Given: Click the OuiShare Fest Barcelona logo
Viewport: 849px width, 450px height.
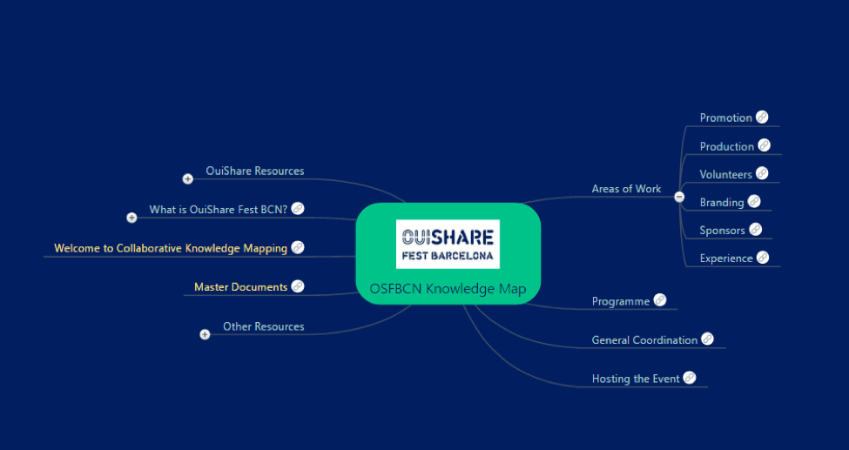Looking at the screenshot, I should pyautogui.click(x=448, y=244).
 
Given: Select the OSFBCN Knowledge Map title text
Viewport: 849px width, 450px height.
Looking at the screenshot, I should pyautogui.click(x=448, y=289).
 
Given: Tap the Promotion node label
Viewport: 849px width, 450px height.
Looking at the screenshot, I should pyautogui.click(x=725, y=118).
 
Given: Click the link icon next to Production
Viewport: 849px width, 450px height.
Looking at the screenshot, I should pyautogui.click(x=764, y=145).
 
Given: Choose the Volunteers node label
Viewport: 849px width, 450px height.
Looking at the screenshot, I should pyautogui.click(x=725, y=175).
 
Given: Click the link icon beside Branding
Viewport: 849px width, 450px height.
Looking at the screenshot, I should pyautogui.click(x=754, y=202).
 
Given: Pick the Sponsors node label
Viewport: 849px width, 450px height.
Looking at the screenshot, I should pyautogui.click(x=722, y=231).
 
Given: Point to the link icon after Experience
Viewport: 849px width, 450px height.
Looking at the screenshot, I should pyautogui.click(x=763, y=258).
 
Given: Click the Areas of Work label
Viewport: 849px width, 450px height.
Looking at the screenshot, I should pyautogui.click(x=626, y=189).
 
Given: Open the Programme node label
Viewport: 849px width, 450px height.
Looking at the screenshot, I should pyautogui.click(x=620, y=302).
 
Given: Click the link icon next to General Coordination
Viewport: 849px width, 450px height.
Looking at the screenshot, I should pyautogui.click(x=707, y=339).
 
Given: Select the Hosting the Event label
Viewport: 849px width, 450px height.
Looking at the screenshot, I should pyautogui.click(x=635, y=379).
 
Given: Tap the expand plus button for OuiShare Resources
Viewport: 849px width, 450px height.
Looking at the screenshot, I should pyautogui.click(x=187, y=179).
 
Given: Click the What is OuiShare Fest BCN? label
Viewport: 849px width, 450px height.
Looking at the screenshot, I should pyautogui.click(x=218, y=210).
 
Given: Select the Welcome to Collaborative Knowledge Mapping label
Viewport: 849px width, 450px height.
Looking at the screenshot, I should pyautogui.click(x=170, y=249).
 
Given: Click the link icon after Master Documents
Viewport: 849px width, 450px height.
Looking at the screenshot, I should pyautogui.click(x=298, y=286).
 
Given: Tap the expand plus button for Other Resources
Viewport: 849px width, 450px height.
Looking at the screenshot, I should pyautogui.click(x=205, y=334).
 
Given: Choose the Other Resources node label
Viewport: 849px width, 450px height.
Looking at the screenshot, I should pyautogui.click(x=263, y=327).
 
